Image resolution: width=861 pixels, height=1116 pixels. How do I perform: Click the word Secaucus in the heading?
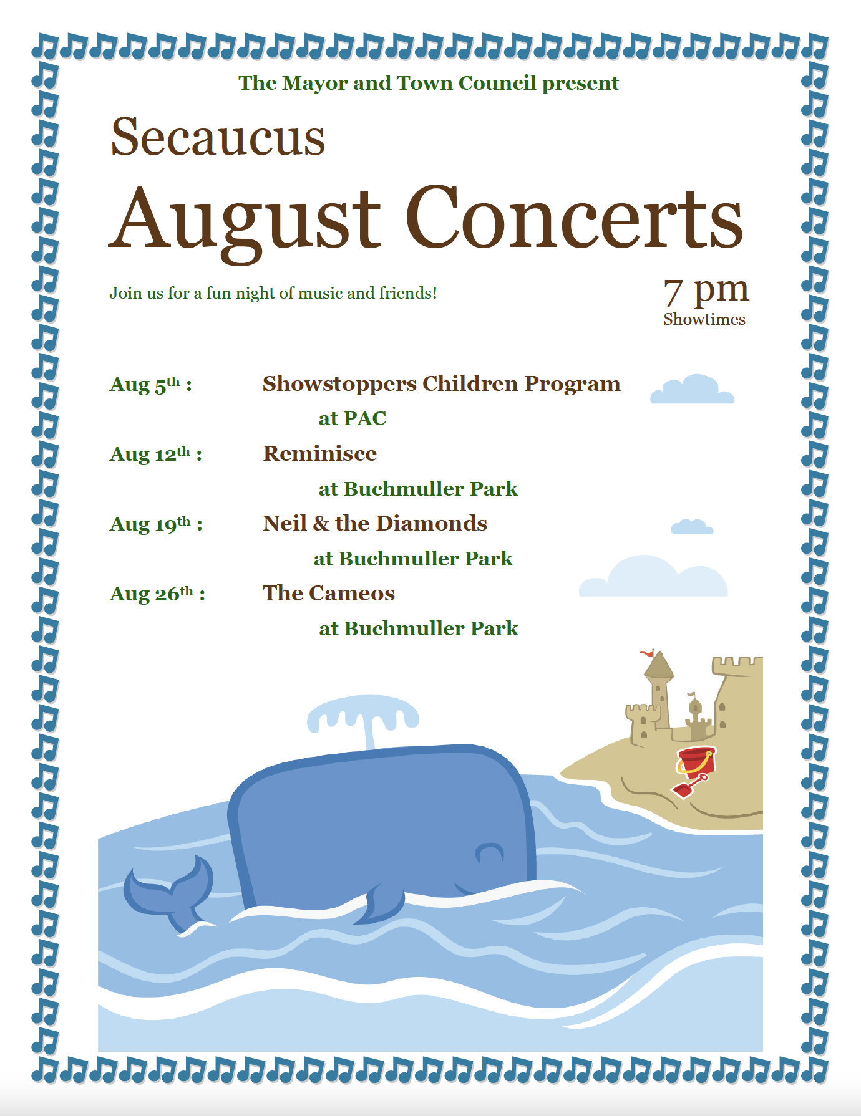[218, 137]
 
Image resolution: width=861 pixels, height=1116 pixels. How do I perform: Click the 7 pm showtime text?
[706, 291]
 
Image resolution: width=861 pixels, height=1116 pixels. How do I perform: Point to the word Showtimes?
[704, 319]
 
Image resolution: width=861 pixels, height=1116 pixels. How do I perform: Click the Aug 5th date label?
[150, 384]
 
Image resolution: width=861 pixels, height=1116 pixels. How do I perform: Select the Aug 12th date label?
[156, 454]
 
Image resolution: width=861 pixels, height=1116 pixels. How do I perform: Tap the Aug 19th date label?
[156, 524]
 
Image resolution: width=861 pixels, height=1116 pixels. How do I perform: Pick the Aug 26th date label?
[157, 594]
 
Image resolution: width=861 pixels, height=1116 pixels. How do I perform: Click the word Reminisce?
[320, 453]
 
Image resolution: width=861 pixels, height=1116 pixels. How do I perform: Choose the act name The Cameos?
[329, 593]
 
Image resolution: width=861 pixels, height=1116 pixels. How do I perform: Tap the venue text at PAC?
[353, 418]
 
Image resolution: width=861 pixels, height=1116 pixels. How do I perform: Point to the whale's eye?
[489, 852]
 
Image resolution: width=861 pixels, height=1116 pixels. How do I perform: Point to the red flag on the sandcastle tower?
[647, 653]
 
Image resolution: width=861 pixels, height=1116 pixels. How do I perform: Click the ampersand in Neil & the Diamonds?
[321, 523]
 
